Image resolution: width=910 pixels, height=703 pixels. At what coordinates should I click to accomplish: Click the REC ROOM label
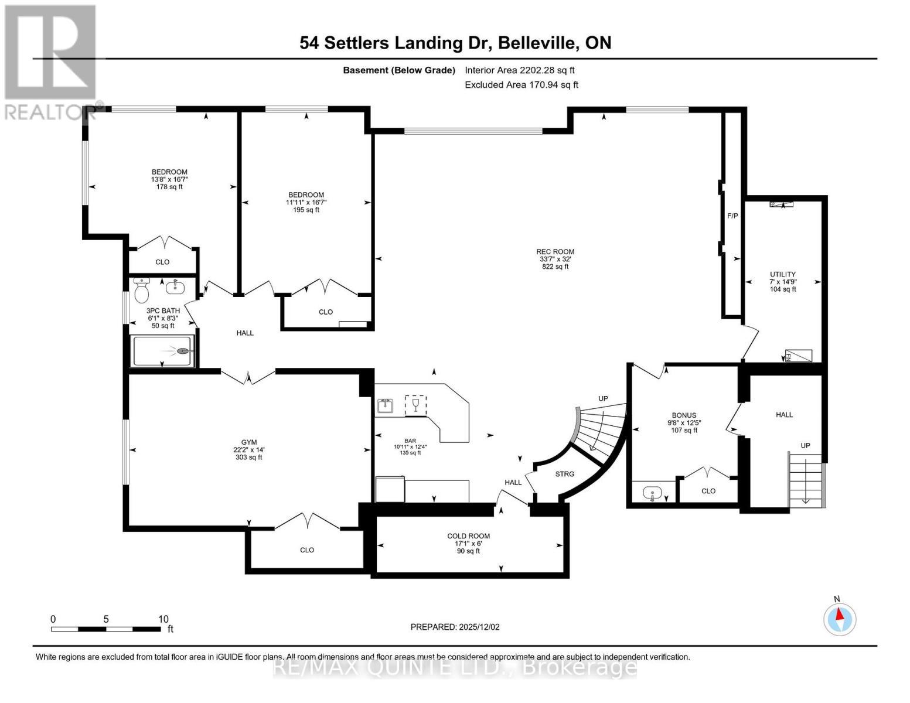coord(555,252)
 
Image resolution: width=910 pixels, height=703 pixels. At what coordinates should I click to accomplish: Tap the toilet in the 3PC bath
coord(142,289)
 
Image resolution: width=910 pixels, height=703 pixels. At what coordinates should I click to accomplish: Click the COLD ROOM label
coord(468,536)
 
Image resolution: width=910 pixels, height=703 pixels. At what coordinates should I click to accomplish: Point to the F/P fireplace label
coord(732,216)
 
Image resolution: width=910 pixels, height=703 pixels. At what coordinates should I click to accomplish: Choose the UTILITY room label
coord(782,274)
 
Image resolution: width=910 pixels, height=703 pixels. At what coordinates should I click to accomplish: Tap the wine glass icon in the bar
coord(415,405)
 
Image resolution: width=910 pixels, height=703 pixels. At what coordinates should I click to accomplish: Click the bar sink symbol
coord(385,405)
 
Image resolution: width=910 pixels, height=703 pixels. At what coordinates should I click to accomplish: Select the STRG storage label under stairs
coord(564,474)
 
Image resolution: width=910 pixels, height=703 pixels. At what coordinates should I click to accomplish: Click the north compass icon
coord(840,619)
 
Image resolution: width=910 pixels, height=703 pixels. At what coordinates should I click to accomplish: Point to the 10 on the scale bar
coord(163,619)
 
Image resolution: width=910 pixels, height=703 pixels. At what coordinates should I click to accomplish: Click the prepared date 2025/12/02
coord(455,627)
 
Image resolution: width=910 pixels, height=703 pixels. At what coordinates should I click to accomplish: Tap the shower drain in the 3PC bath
coord(183,351)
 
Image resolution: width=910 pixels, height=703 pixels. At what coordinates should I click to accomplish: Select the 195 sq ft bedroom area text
coord(306,210)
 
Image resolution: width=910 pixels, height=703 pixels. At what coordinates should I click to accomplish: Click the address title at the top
coord(455,43)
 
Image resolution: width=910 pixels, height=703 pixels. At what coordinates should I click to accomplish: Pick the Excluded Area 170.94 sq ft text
coord(521,85)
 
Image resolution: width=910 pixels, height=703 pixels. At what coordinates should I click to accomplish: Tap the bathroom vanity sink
coord(174,287)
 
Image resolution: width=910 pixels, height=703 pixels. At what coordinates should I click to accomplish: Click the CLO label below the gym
coord(306,550)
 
